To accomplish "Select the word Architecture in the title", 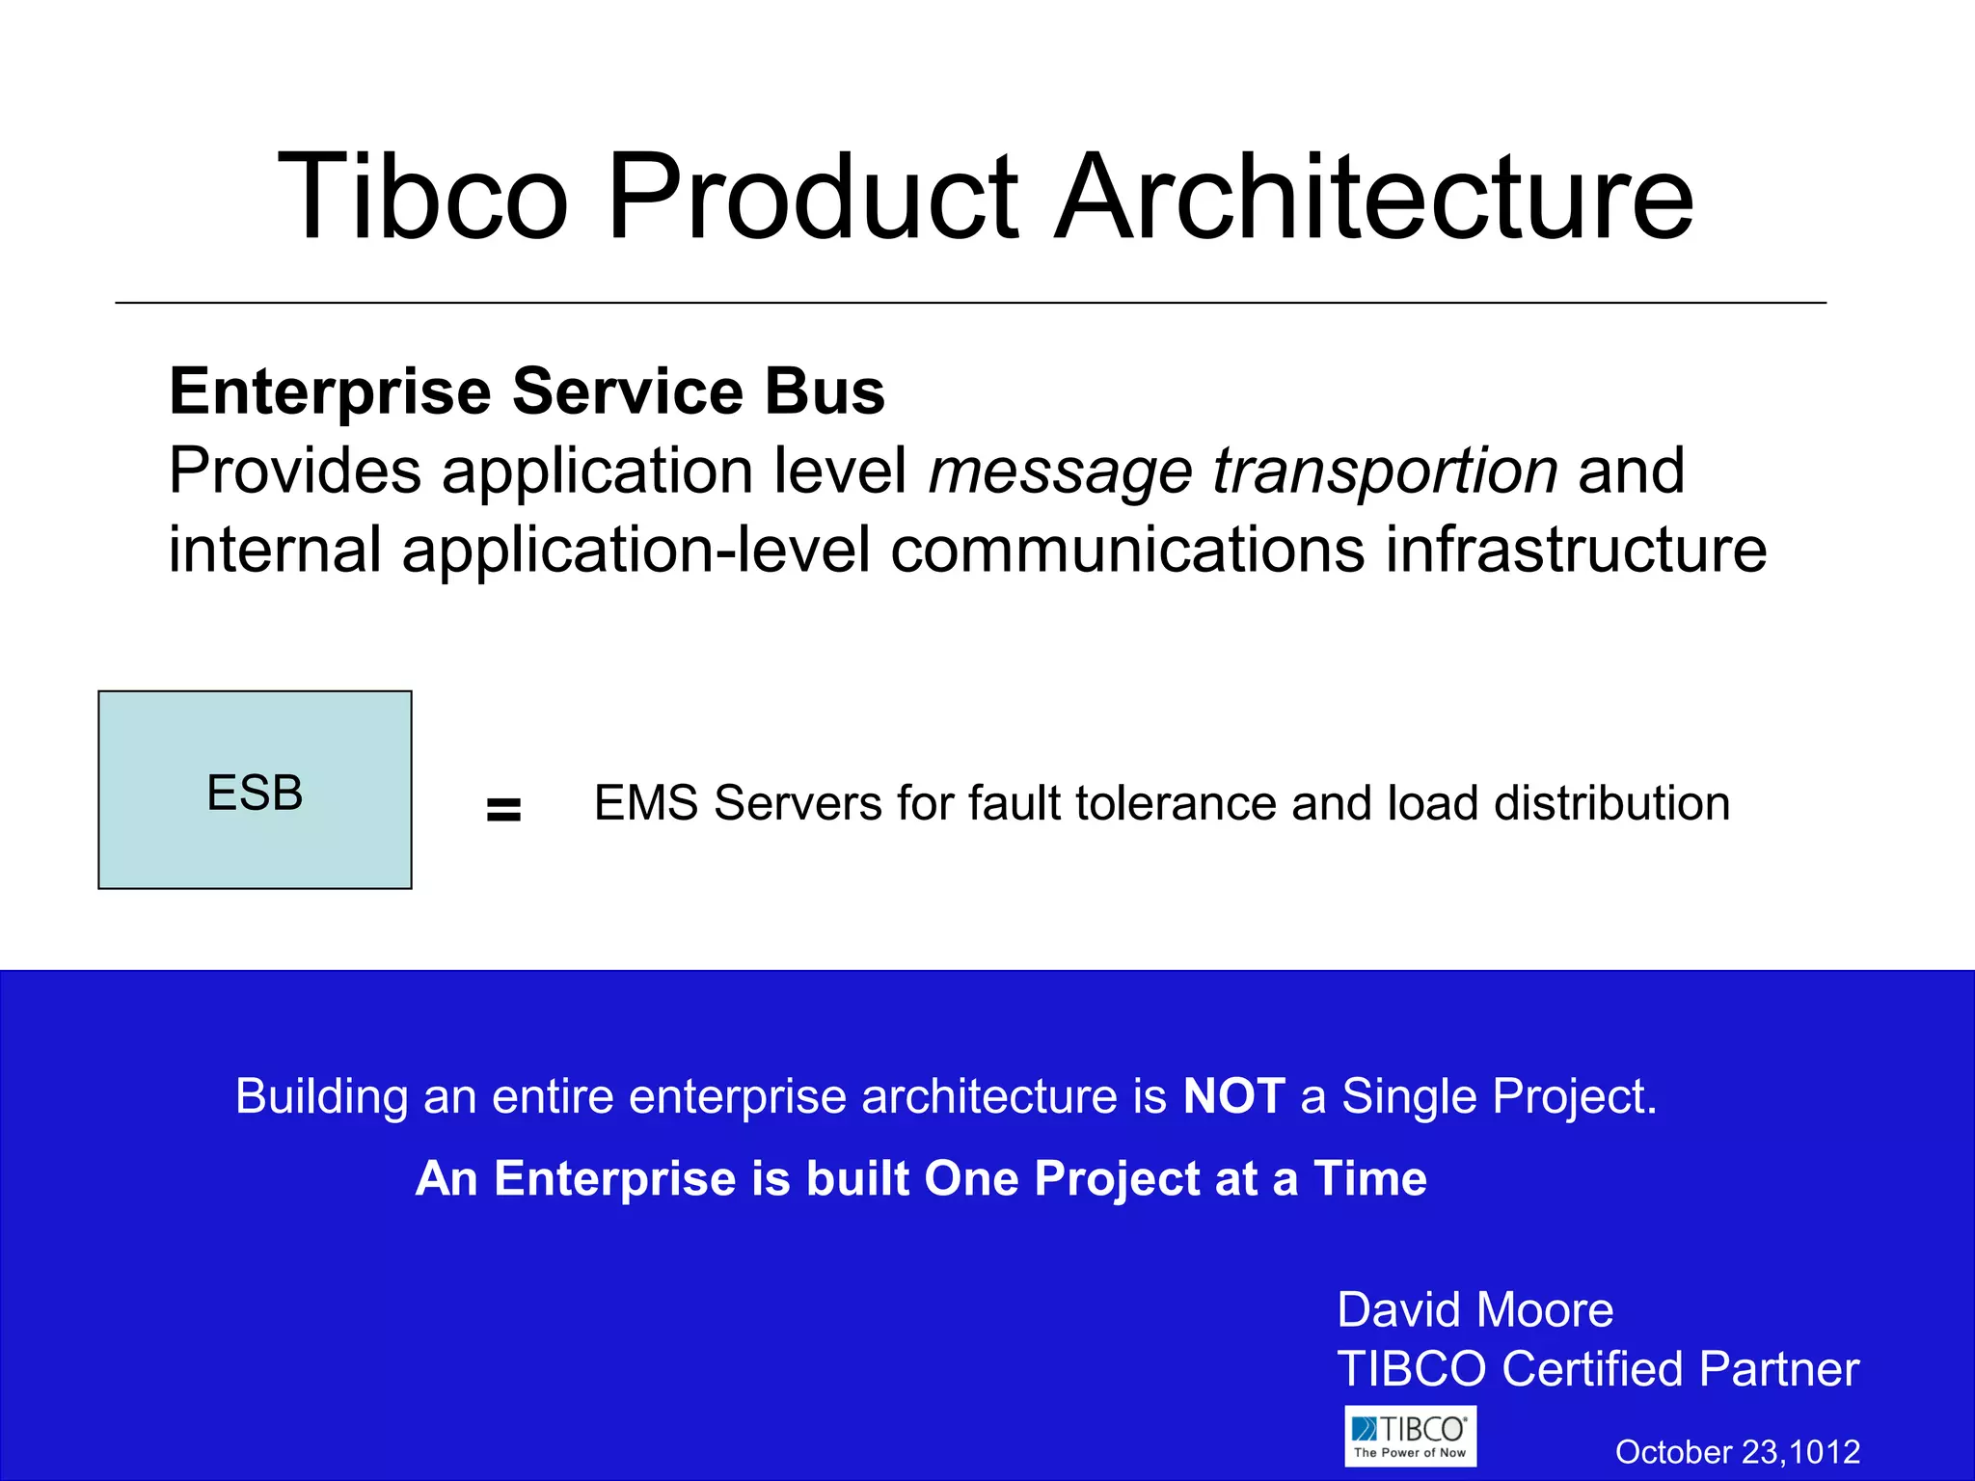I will pos(1373,197).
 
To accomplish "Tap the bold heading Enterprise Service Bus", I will pos(527,391).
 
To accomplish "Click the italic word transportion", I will pos(1385,471).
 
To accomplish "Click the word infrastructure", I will pos(1576,550).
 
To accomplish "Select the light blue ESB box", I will pos(255,790).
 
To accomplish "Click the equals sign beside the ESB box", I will pos(503,810).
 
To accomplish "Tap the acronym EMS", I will pos(645,803).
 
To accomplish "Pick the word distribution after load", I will pos(1611,803).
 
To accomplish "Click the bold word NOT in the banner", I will pos(1233,1096).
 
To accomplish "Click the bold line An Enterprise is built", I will pos(920,1178).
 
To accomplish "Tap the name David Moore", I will pos(1474,1310).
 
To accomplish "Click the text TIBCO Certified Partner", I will pos(1597,1369).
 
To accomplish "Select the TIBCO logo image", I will pos(1410,1436).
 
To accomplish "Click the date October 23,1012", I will pos(1737,1452).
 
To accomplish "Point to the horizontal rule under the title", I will pos(970,303).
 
